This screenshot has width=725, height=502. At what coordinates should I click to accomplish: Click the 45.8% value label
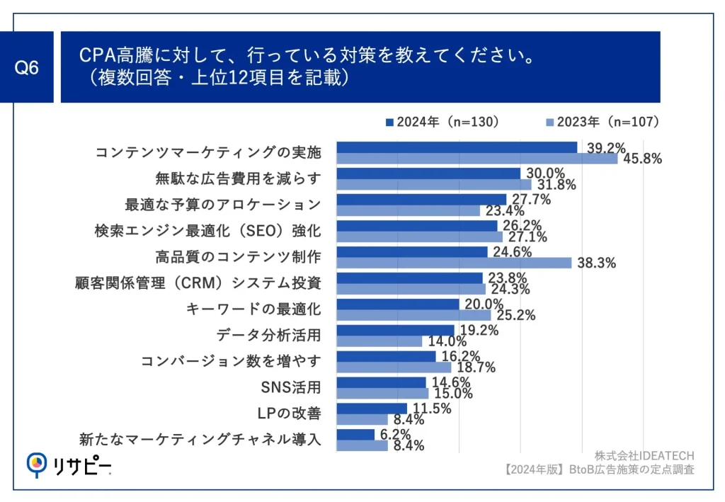point(643,159)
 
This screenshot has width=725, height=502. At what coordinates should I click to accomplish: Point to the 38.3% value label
point(597,263)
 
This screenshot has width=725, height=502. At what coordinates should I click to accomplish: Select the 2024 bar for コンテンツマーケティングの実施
point(457,147)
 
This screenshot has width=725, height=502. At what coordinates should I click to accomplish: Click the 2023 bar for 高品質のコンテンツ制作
point(454,263)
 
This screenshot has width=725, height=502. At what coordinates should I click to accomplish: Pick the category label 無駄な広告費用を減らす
point(238,178)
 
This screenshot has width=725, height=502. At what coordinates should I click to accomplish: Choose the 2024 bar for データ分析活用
point(395,330)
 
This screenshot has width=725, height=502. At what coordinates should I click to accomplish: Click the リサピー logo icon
point(38,464)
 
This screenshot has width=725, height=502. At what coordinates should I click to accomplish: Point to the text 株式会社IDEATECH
point(644,455)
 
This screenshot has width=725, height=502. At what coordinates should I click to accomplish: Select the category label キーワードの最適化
point(253,309)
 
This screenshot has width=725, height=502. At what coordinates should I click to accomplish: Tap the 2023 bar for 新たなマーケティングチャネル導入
point(362,445)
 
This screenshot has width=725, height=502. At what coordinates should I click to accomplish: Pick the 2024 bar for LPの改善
point(372,409)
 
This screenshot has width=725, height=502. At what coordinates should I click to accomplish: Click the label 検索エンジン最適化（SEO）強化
point(207,231)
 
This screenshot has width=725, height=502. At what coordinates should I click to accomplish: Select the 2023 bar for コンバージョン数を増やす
point(394,367)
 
